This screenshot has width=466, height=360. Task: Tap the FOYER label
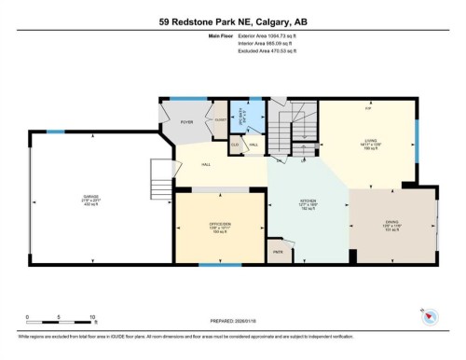pos(186,121)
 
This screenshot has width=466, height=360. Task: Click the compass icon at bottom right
pos(429,315)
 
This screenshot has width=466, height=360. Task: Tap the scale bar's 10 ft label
pos(94,318)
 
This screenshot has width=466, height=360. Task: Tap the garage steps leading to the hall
pos(160,172)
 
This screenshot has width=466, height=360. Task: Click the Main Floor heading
pos(195,37)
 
